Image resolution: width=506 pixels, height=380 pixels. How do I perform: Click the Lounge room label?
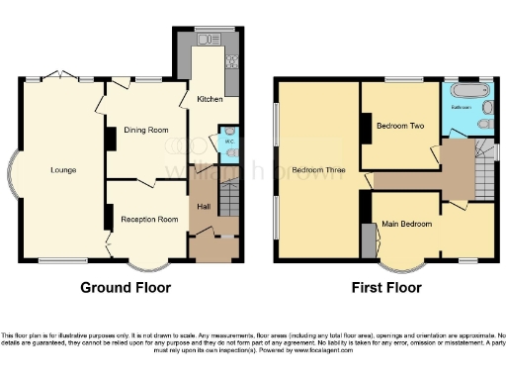[x=64, y=170]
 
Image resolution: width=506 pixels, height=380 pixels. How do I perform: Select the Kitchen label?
[x=210, y=100]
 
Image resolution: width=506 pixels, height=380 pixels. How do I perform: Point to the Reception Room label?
[x=149, y=219]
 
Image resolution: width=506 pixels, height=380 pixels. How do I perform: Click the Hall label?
[x=204, y=206]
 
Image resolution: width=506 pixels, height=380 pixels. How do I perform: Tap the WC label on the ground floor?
[x=228, y=142]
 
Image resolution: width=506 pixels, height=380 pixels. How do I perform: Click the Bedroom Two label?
[x=400, y=126]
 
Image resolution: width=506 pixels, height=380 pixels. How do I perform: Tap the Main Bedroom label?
[x=408, y=225]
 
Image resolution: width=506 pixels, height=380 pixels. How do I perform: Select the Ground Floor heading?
[x=126, y=289]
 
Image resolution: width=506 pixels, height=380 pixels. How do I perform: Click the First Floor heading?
[x=386, y=289]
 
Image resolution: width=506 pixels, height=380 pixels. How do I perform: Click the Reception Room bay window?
[x=148, y=266]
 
